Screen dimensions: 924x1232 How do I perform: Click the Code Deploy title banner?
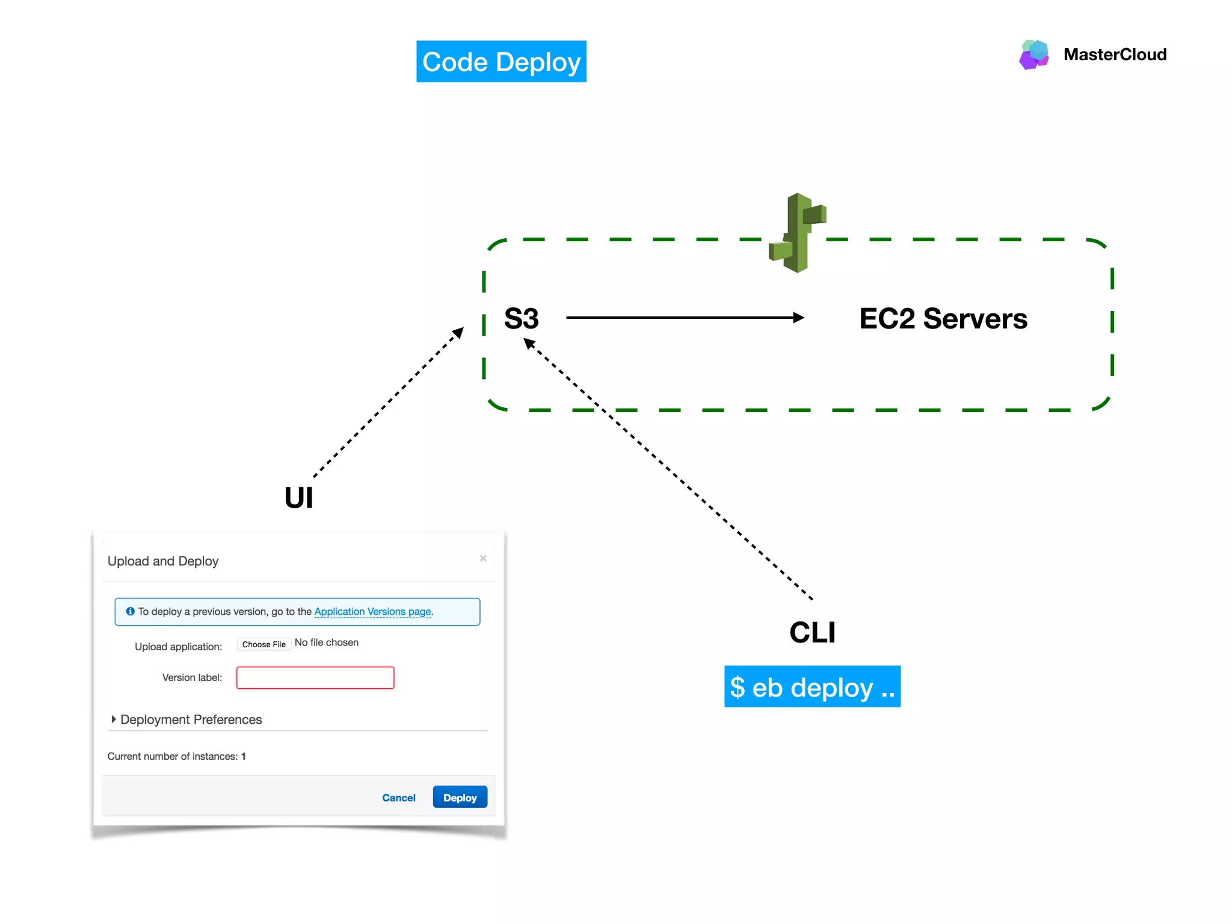point(501,61)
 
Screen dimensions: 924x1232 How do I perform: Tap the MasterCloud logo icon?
point(1034,54)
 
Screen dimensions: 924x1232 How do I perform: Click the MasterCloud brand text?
point(1115,55)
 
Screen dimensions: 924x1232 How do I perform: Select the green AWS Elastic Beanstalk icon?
point(798,233)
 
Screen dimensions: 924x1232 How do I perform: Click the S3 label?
point(521,318)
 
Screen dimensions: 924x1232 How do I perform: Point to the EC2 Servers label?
point(943,318)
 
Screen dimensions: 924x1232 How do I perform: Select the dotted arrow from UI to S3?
point(388,402)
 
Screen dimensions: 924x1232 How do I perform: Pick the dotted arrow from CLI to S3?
point(668,469)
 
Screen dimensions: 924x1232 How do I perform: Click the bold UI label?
point(298,498)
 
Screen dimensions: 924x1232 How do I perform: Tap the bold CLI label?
point(812,632)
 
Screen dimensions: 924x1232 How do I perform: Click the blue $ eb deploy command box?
point(812,686)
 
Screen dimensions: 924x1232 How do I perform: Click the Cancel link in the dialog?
point(398,798)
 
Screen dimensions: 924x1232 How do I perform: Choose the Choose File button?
point(263,644)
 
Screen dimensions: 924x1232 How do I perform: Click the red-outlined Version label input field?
point(315,677)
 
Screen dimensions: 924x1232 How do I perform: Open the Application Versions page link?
point(372,611)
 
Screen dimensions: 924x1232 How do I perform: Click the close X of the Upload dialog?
point(483,558)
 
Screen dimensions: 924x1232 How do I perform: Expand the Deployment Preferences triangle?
point(113,719)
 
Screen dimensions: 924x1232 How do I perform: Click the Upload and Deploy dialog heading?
point(163,561)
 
